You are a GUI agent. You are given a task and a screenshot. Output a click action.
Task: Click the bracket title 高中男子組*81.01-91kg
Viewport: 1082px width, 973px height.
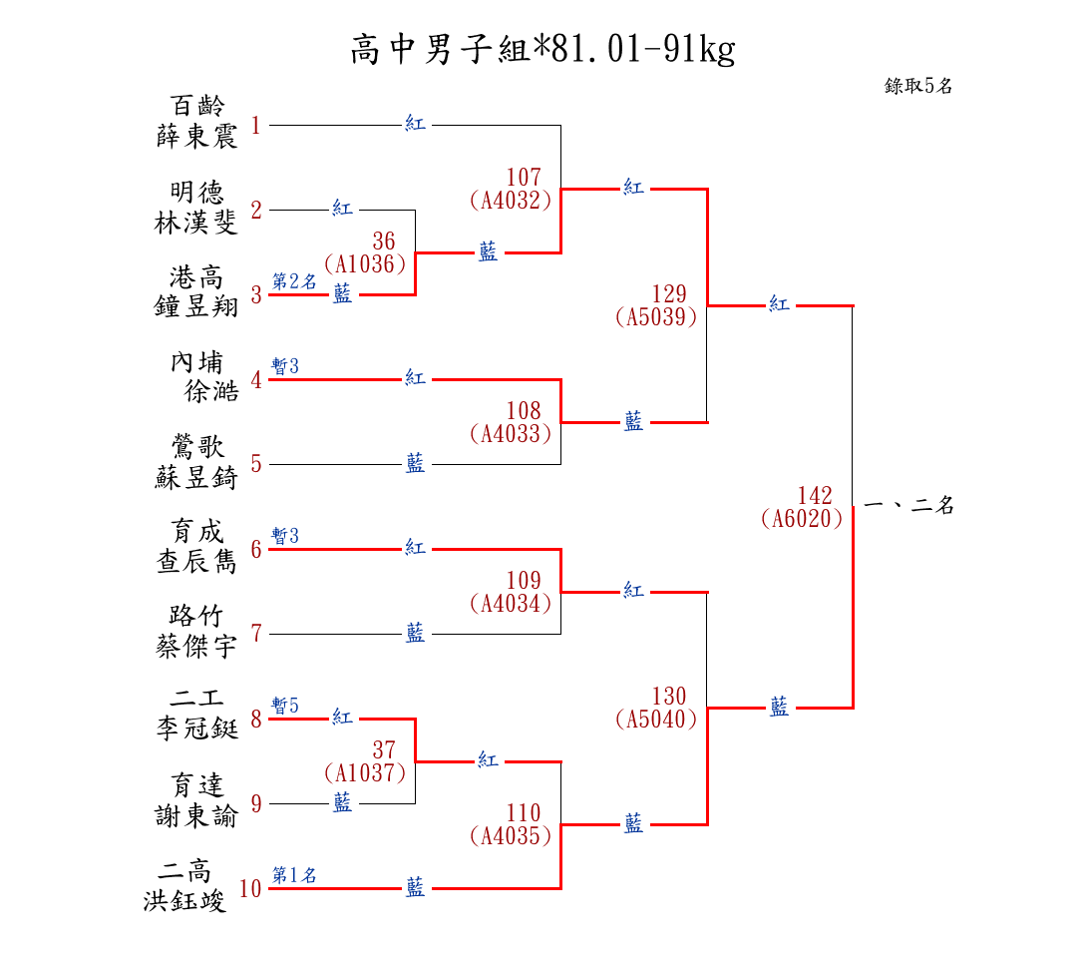click(542, 49)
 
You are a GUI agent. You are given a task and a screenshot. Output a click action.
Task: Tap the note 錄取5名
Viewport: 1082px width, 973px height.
click(918, 86)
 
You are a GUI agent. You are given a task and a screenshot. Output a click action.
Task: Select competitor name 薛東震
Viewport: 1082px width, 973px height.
click(197, 137)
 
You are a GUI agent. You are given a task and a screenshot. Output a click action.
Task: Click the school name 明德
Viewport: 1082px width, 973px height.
click(197, 192)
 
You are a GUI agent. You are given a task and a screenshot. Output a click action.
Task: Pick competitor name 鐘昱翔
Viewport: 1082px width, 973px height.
click(197, 306)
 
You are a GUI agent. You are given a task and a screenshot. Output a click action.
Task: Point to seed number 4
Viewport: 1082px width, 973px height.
click(256, 380)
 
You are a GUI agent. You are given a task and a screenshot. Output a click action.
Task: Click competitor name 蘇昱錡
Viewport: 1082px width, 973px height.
click(197, 478)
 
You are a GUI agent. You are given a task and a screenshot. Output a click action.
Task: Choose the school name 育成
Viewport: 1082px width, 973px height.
click(197, 531)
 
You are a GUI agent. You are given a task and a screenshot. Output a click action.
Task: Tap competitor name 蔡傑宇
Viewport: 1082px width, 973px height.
click(197, 647)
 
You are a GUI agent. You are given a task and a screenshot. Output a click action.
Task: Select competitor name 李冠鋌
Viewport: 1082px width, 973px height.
click(197, 730)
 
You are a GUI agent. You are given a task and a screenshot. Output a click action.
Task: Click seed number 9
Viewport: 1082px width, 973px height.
click(256, 803)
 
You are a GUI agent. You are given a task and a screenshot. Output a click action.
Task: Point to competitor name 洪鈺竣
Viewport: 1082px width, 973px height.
click(185, 901)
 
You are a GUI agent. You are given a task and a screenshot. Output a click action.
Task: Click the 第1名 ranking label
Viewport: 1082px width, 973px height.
click(294, 875)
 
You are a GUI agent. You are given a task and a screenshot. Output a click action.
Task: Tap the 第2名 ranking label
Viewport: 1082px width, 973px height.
click(294, 281)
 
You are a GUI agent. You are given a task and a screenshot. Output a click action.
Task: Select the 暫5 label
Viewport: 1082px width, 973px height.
click(285, 706)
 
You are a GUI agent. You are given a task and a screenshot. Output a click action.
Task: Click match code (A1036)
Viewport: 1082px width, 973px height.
click(365, 264)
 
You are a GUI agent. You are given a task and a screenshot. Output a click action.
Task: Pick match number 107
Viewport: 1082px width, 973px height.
click(524, 179)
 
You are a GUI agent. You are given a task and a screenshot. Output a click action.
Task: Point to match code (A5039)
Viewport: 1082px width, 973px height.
click(656, 317)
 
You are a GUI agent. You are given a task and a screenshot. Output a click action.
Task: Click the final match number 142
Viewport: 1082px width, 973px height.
click(815, 496)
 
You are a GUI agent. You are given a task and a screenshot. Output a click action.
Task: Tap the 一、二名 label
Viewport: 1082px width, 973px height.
click(909, 506)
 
